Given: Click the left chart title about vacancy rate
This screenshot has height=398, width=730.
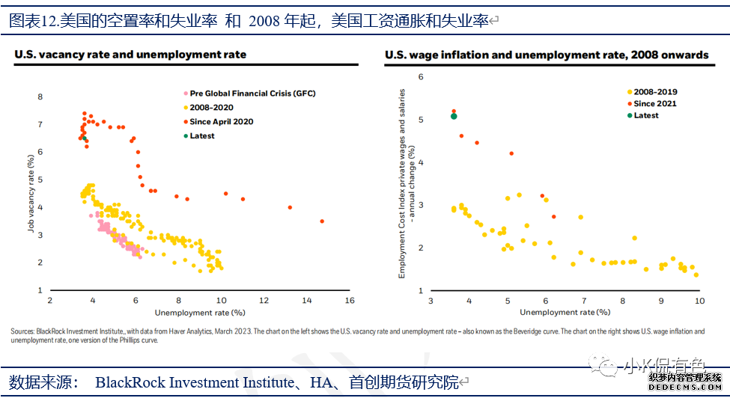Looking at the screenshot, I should (x=130, y=55).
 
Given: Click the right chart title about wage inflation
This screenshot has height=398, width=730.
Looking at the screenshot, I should (x=547, y=55).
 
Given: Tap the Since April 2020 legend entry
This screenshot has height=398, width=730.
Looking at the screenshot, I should (x=222, y=121).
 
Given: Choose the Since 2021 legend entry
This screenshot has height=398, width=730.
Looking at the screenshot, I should (x=655, y=104).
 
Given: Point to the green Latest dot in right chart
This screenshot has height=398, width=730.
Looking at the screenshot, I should (x=454, y=115).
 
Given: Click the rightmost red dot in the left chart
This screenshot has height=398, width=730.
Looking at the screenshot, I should (x=322, y=221).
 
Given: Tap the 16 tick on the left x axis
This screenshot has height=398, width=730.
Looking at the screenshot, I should (x=349, y=300).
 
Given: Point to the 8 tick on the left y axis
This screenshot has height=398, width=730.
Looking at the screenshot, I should (x=40, y=97).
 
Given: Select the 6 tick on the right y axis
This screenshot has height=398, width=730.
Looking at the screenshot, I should (x=421, y=77).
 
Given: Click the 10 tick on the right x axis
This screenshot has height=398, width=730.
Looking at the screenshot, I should (x=699, y=300).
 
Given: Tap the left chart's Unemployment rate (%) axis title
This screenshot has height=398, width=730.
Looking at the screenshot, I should (x=200, y=311).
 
